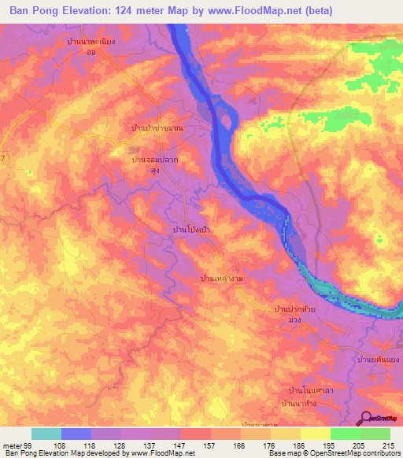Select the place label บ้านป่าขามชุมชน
156,127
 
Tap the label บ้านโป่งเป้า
185,228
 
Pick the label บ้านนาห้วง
304,404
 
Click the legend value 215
386,445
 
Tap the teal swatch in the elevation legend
46,434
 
